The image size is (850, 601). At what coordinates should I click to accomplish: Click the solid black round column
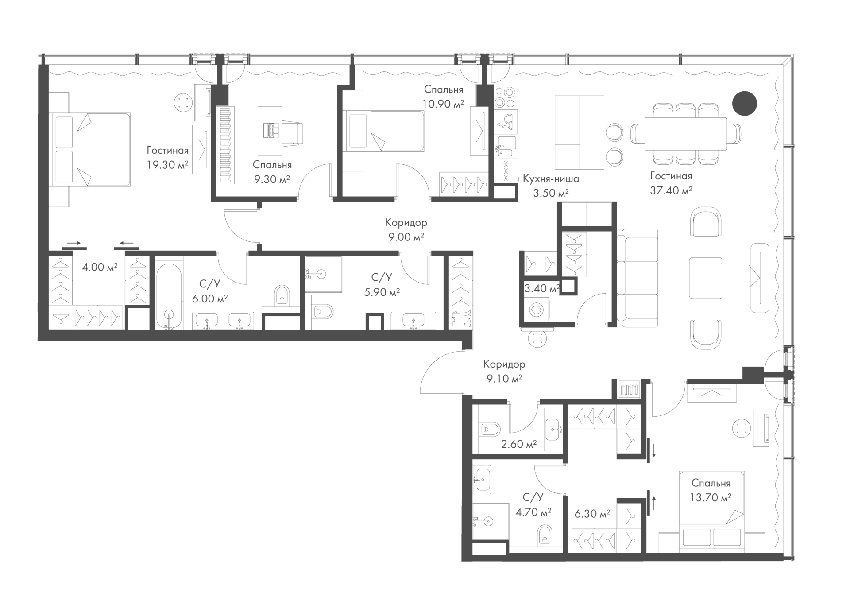[744, 103]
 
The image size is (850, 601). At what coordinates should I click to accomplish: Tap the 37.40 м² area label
[671, 190]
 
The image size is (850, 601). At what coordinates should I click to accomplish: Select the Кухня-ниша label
[551, 179]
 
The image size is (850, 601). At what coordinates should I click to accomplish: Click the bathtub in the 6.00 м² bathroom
[168, 295]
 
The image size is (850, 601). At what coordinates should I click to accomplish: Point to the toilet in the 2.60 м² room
[490, 429]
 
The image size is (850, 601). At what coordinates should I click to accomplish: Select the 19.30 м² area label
[168, 165]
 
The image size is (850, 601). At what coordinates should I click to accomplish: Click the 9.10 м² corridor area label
[504, 379]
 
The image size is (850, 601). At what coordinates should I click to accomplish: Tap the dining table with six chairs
[685, 134]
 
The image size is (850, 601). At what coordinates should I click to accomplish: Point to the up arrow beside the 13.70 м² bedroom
[653, 503]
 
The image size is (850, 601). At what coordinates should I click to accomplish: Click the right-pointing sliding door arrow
[74, 243]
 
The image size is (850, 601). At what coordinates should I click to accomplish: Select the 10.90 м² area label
[444, 104]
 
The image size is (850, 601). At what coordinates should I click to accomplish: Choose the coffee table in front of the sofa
[706, 278]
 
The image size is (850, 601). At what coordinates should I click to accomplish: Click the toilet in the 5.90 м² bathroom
[322, 312]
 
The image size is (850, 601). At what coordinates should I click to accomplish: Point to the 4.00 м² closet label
[100, 267]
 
